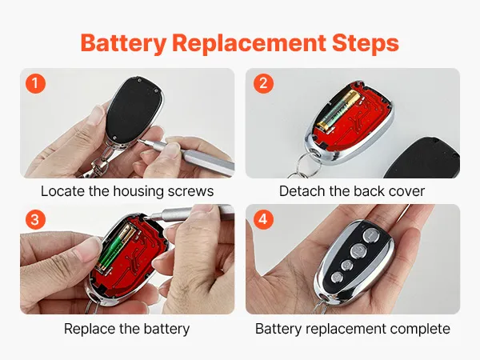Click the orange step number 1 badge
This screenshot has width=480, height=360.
click(35, 83)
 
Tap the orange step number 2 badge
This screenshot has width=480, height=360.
click(263, 83)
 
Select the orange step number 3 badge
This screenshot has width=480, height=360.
click(35, 219)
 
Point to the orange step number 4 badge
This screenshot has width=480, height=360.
click(263, 219)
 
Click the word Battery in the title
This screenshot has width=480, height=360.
click(124, 43)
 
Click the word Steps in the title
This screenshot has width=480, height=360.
click(366, 43)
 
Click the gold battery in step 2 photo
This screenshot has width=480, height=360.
click(339, 111)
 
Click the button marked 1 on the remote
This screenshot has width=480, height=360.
click(371, 236)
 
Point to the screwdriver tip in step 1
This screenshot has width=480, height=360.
click(138, 140)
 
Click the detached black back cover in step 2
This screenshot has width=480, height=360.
click(422, 158)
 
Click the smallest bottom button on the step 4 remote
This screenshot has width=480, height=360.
click(338, 278)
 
